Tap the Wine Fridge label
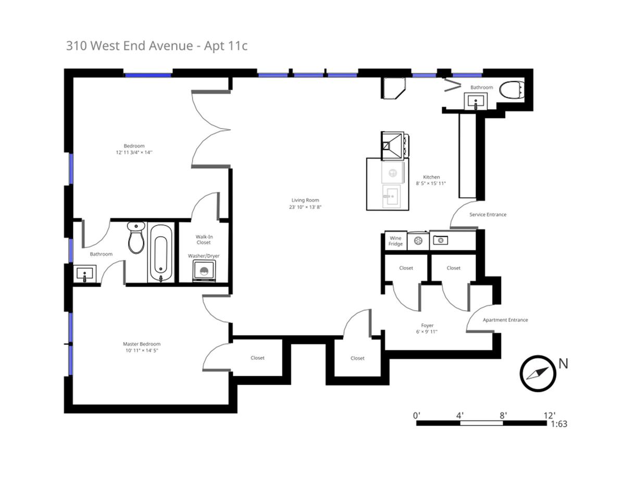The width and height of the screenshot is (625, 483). (395, 241)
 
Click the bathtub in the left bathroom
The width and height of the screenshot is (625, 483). (160, 252)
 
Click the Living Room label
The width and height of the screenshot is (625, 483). (305, 200)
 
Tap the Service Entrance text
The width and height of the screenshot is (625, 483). (488, 214)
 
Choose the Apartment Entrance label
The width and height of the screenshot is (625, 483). (505, 320)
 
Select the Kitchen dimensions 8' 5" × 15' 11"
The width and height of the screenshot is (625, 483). (431, 184)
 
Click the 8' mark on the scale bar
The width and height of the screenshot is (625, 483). (503, 415)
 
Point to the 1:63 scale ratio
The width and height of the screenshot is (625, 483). (558, 424)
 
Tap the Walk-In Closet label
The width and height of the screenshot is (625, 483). (204, 239)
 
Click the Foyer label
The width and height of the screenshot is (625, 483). (427, 326)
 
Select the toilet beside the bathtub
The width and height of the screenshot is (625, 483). (136, 238)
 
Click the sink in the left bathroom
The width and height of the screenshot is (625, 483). (85, 273)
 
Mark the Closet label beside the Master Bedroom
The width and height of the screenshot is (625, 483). (257, 358)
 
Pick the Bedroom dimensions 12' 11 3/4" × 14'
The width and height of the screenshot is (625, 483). (134, 152)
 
